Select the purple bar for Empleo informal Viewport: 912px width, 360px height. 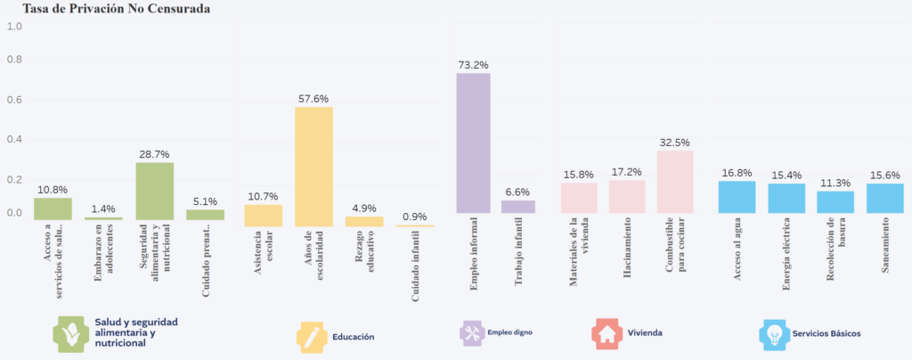click(473, 143)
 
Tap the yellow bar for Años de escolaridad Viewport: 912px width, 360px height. click(313, 160)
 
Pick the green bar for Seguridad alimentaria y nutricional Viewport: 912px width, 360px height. click(154, 188)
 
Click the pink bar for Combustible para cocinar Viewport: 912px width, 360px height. click(675, 182)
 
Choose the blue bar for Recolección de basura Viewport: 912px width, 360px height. click(835, 202)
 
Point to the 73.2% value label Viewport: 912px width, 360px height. click(473, 65)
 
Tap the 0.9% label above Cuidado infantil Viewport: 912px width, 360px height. click(415, 217)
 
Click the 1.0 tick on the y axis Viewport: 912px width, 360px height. click(14, 26)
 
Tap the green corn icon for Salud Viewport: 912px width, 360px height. click(70, 331)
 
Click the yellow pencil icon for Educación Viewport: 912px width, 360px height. click(312, 336)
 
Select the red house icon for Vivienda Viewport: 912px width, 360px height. click(607, 333)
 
